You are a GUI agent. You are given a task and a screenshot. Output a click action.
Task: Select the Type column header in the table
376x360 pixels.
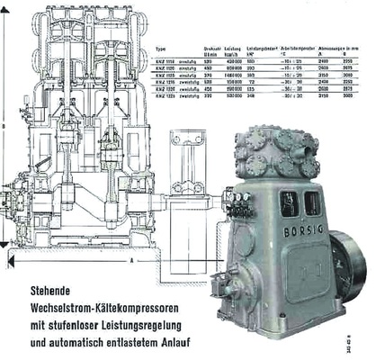(161, 49)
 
